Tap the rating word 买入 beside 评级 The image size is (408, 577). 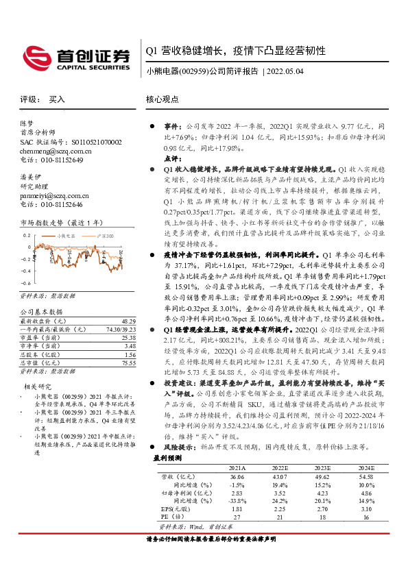pyautogui.click(x=58, y=99)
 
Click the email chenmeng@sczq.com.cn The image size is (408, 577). pyautogui.click(x=52, y=151)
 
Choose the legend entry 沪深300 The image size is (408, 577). pyautogui.click(x=104, y=235)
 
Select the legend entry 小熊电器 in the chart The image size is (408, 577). pyautogui.click(x=66, y=235)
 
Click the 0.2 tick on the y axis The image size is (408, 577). pyautogui.click(x=26, y=235)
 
